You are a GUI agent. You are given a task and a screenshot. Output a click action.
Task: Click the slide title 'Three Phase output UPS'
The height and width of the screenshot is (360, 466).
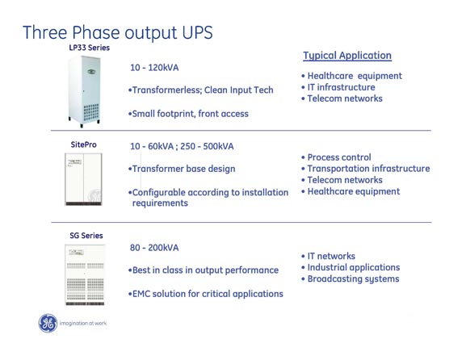point(118,32)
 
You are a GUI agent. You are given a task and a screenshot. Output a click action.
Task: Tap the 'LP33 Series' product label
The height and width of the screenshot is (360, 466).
point(89,48)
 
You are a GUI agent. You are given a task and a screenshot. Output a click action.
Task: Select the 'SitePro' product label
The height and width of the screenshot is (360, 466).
point(83,144)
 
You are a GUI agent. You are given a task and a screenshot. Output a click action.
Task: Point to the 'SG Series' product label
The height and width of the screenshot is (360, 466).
point(86,236)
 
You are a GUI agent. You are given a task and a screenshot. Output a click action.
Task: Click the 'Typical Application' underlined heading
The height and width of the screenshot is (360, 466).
point(347,56)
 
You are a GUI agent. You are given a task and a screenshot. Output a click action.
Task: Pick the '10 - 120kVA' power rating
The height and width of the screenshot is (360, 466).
point(154,68)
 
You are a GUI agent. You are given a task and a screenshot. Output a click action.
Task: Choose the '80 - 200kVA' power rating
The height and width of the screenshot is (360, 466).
point(154,248)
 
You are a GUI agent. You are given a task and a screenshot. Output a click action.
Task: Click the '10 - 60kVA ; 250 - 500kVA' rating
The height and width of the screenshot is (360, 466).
point(182,146)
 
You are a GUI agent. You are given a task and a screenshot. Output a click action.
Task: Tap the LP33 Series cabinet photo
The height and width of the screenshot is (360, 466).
point(84,91)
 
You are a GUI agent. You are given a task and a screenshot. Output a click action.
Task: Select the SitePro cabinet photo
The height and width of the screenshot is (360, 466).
point(83,179)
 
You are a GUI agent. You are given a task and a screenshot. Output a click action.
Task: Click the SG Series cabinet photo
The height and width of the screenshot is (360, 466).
point(85,274)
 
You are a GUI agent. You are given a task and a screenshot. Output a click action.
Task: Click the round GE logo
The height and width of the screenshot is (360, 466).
point(48,323)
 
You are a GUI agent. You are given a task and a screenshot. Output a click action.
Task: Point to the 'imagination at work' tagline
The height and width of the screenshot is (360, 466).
point(83,323)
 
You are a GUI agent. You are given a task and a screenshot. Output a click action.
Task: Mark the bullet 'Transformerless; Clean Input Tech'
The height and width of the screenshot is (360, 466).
point(200,90)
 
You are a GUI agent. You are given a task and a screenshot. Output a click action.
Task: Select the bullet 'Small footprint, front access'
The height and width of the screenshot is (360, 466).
point(188,114)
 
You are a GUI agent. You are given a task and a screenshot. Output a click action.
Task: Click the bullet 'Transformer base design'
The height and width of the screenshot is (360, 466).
point(182,169)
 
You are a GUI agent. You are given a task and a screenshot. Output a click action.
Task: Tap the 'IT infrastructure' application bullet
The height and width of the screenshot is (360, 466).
point(338,87)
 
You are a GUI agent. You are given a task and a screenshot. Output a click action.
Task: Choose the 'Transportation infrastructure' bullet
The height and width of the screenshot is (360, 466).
point(365,169)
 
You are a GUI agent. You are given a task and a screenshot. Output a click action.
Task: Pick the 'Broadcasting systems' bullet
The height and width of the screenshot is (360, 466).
point(350,279)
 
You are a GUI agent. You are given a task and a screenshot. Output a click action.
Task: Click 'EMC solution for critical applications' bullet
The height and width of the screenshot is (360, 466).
point(206,294)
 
